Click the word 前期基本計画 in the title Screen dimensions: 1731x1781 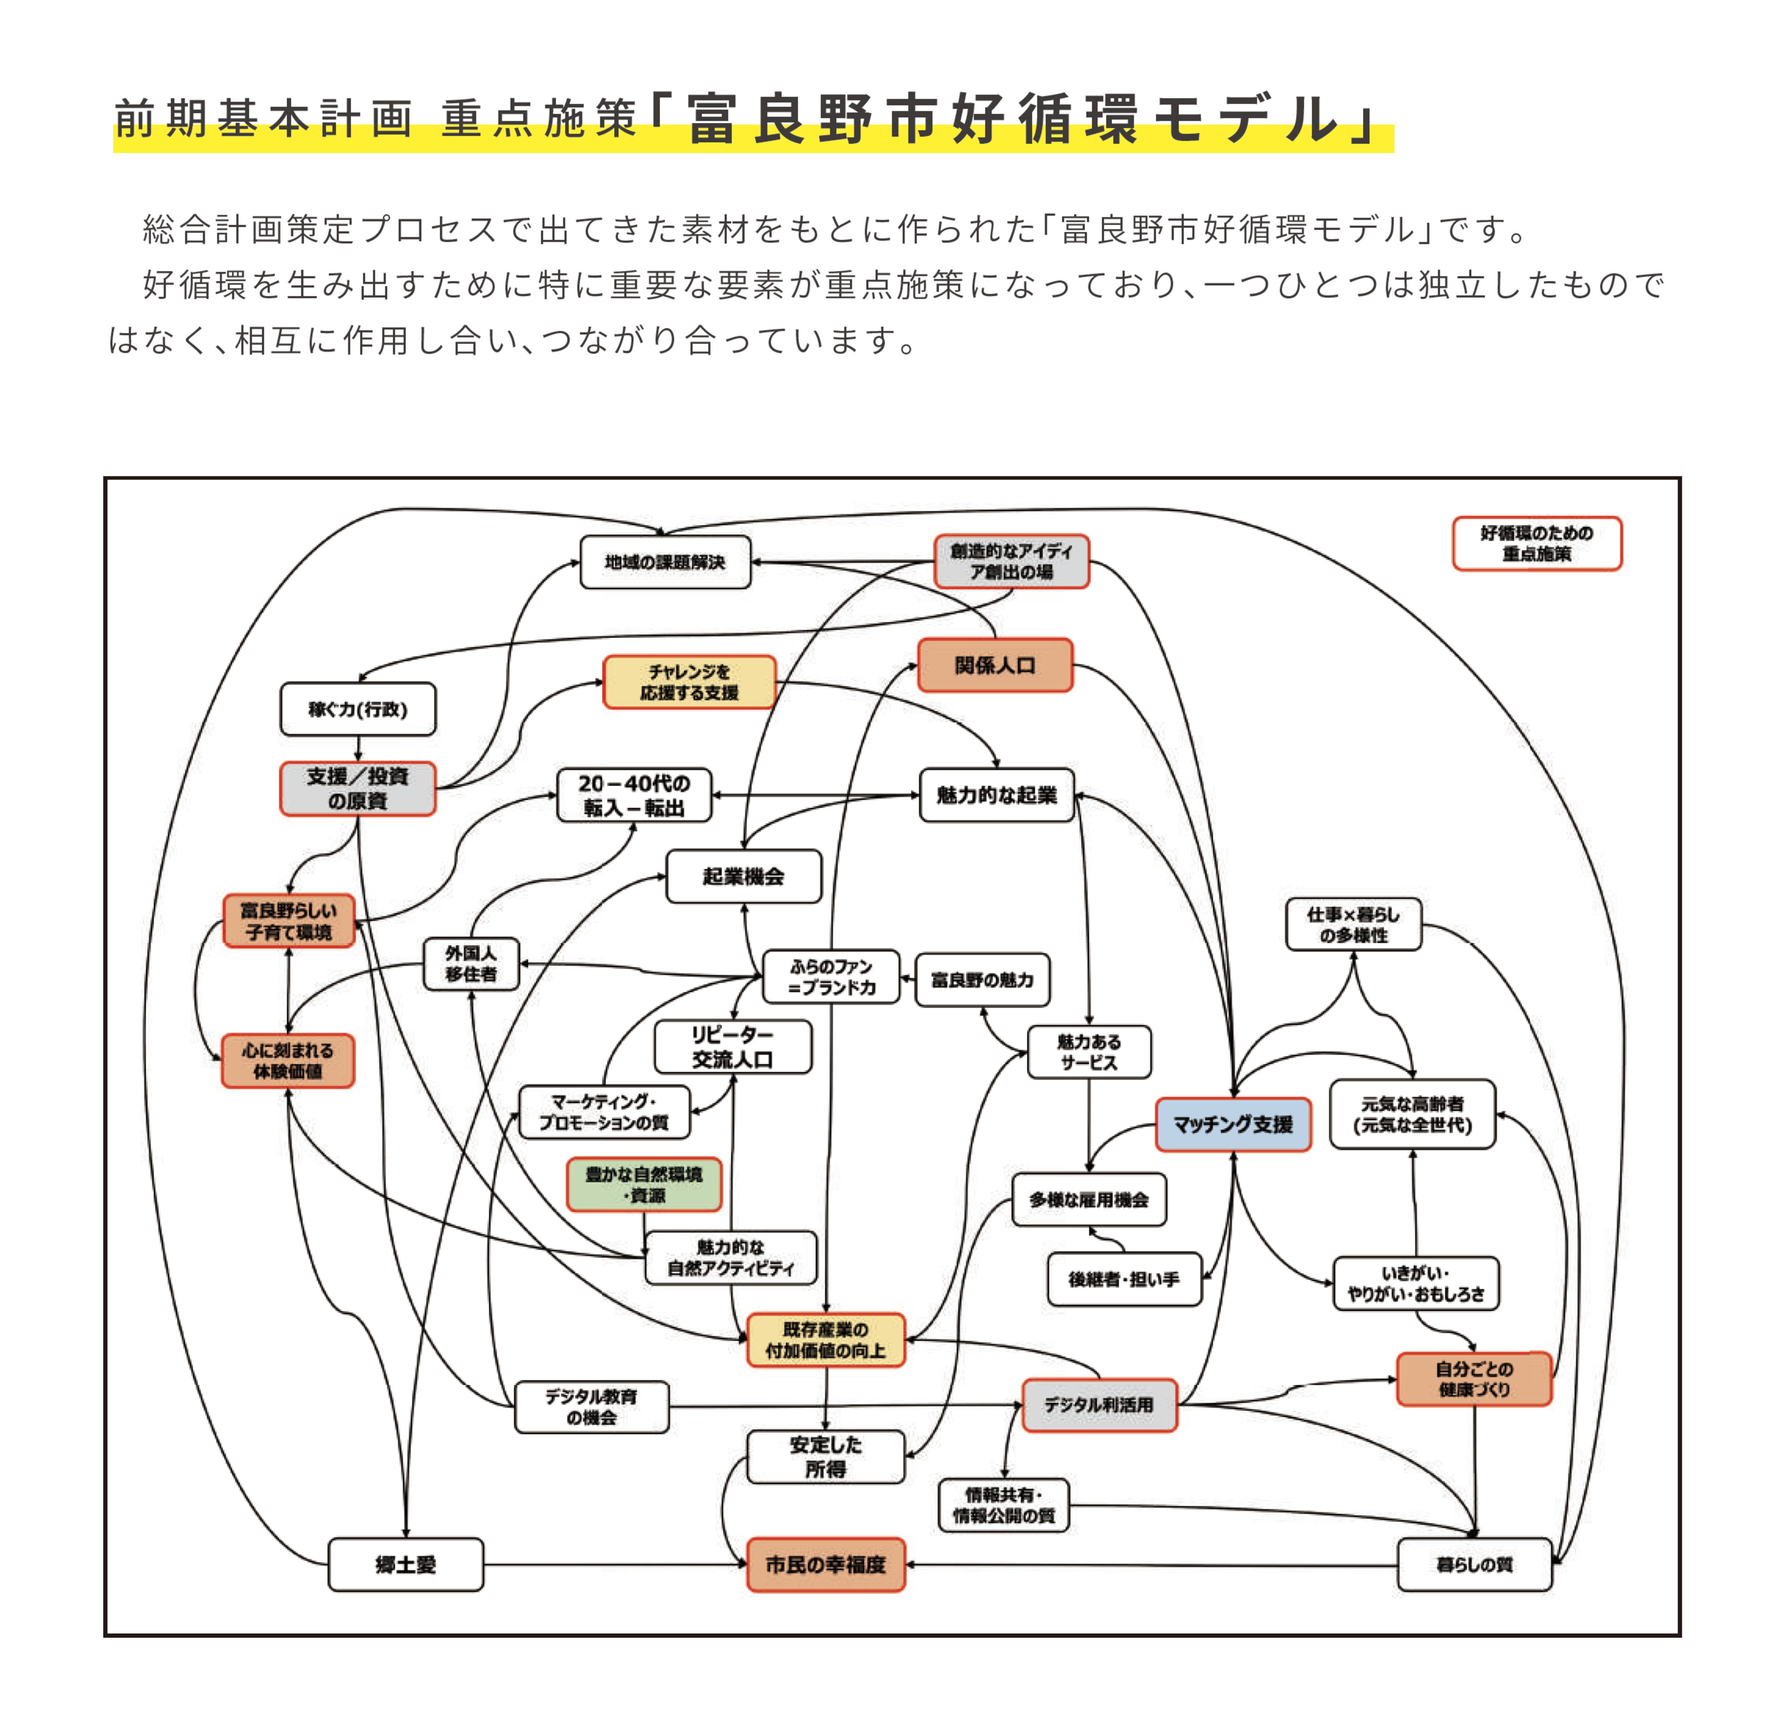point(263,119)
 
